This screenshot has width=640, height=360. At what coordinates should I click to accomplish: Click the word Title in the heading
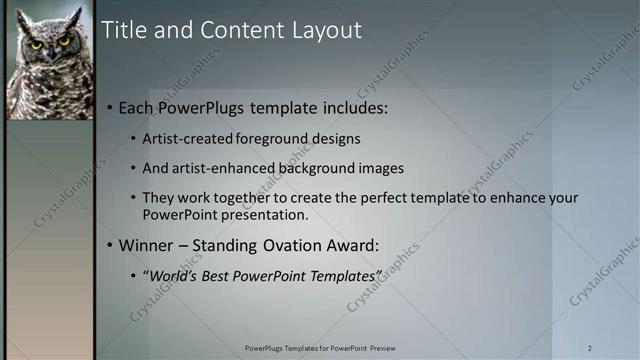pyautogui.click(x=123, y=31)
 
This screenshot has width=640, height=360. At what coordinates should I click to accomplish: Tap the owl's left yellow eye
pyautogui.click(x=36, y=44)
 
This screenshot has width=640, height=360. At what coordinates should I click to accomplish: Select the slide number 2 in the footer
pyautogui.click(x=589, y=348)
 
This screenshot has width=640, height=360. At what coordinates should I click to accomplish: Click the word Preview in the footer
pyautogui.click(x=381, y=348)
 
